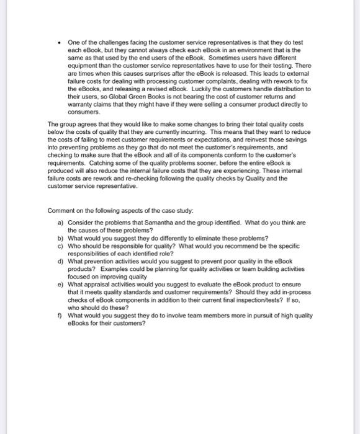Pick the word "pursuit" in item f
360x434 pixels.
coord(257,315)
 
